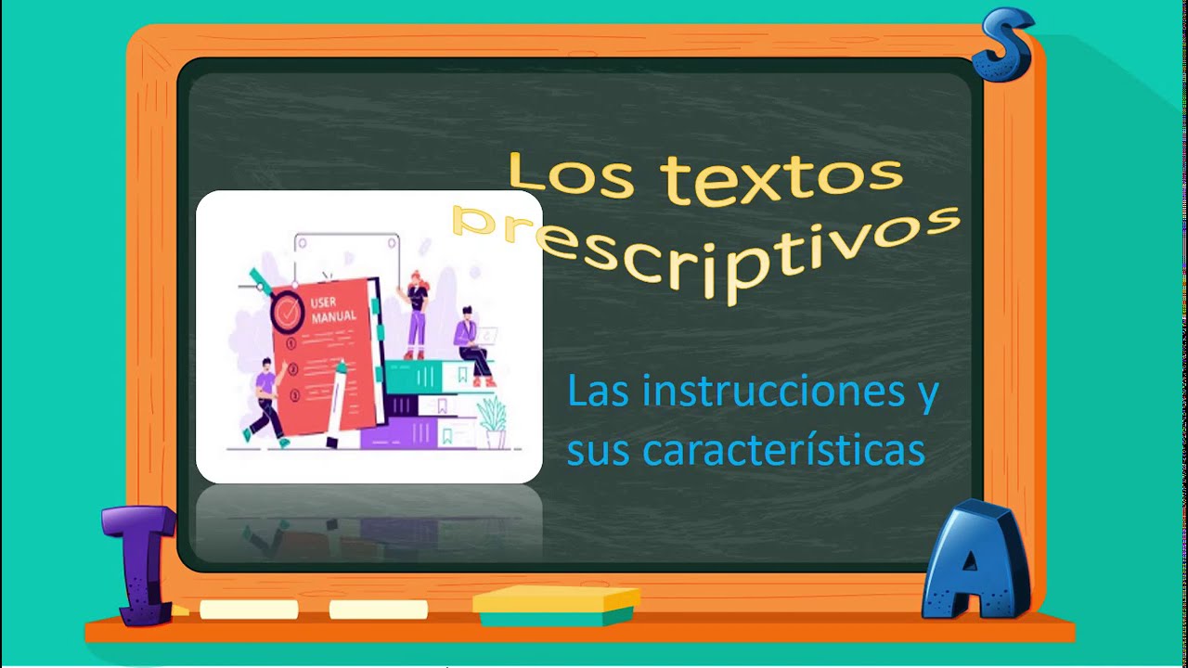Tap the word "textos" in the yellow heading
784,178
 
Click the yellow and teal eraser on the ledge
555,605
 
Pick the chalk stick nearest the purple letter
249,610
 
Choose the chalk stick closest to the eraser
378,610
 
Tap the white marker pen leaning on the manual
335,404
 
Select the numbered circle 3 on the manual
294,396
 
